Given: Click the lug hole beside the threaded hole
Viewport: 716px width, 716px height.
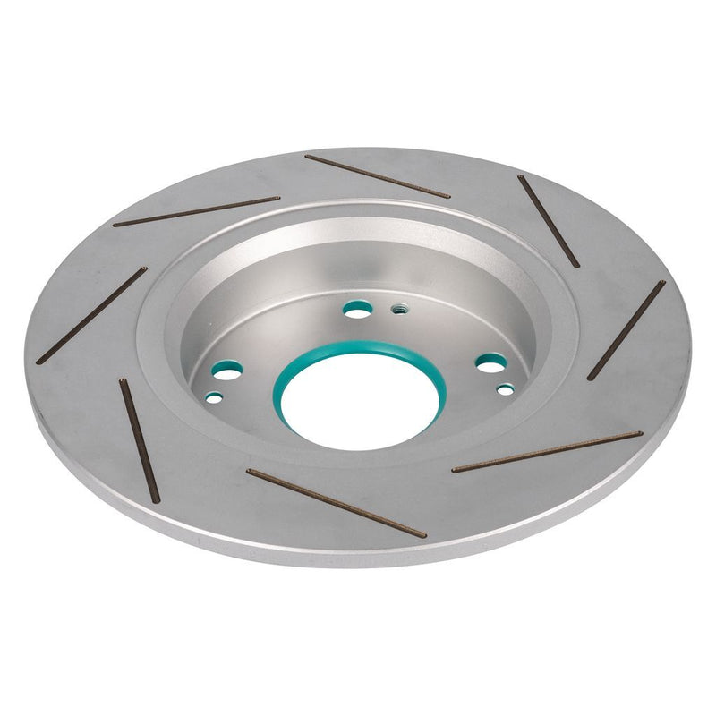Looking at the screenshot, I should click(358, 309).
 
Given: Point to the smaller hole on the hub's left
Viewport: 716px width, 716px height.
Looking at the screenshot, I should click(213, 395).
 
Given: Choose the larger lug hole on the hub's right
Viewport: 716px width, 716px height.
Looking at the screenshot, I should click(490, 362).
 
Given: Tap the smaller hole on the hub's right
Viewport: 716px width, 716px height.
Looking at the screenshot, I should click(506, 389).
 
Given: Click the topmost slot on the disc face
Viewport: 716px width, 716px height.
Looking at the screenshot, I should click(377, 176).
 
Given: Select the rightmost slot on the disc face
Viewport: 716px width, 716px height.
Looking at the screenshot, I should click(626, 328).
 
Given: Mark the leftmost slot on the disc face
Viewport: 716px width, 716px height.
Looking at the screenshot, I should click(91, 315).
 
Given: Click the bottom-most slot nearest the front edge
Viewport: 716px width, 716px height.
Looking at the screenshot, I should click(336, 503).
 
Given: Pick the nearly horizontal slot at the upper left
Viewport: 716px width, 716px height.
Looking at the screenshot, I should click(196, 211).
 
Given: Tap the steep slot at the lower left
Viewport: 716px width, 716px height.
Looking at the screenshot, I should click(140, 439).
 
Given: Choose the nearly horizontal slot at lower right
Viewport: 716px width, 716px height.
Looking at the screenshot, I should click(547, 452).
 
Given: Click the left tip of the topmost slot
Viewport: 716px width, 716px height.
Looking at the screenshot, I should click(307, 158).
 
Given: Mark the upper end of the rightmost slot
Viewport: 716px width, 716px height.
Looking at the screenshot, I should click(663, 283).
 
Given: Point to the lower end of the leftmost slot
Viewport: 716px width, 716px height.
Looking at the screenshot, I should click(38, 361).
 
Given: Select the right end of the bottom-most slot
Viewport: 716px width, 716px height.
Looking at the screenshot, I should click(423, 535).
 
